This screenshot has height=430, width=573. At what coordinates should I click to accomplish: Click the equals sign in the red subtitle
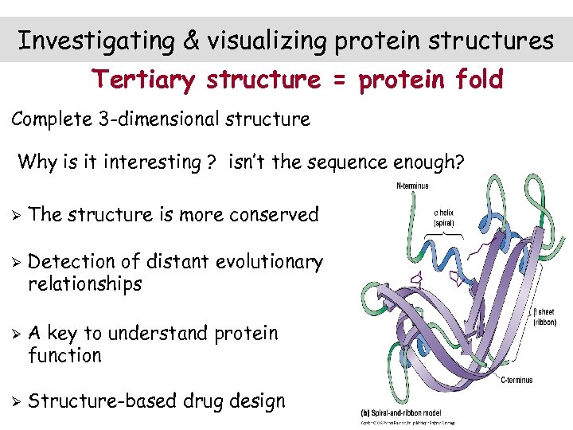(x=333, y=80)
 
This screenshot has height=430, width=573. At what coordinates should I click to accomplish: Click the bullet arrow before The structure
(x=14, y=215)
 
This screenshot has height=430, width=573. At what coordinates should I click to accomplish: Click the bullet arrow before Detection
(x=14, y=262)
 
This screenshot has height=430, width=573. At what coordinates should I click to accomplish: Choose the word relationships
(x=84, y=284)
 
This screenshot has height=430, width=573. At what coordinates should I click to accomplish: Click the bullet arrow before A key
(x=14, y=333)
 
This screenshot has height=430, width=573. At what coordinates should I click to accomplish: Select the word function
(x=64, y=355)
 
